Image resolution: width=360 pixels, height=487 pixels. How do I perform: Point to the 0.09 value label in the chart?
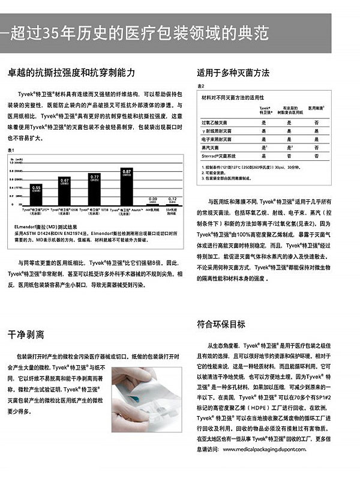coord(153,199)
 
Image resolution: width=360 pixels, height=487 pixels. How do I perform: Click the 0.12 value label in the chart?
coord(172,198)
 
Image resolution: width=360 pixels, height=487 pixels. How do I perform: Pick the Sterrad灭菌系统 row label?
coord(221,156)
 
